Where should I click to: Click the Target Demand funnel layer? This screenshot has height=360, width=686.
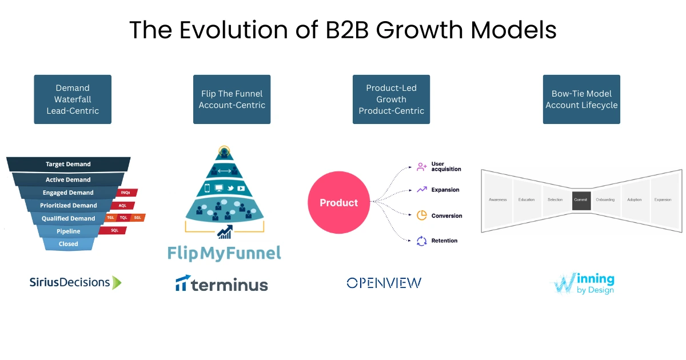68,164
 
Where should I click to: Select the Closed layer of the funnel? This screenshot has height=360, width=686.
68,244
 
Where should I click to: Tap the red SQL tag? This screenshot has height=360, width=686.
114,230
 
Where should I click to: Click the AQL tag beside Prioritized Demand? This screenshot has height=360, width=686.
122,205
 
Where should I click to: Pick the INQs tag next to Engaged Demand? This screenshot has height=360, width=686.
126,193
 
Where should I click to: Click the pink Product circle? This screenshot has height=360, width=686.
338,203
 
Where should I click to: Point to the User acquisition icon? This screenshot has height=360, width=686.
422,167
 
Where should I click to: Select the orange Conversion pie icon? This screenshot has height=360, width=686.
422,215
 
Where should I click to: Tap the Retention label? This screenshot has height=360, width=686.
444,241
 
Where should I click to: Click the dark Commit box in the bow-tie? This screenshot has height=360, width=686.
581,200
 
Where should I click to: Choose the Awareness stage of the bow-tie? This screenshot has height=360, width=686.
498,200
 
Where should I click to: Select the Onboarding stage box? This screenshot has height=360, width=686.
605,200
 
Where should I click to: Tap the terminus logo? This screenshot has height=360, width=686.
222,284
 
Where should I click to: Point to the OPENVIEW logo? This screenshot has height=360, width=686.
384,282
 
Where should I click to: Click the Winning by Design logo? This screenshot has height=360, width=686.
582,283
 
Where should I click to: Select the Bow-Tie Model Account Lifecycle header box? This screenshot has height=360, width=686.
581,99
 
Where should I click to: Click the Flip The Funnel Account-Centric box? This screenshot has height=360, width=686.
232,99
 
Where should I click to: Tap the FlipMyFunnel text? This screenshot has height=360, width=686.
225,253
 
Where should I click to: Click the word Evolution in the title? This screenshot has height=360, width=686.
226,30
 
